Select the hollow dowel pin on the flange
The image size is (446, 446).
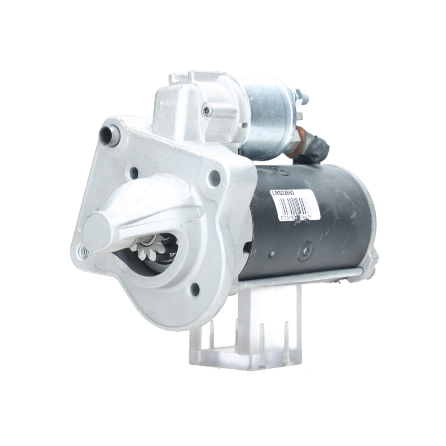(108, 135)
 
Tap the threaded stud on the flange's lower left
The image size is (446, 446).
(83, 252)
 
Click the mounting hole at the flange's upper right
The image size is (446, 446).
(214, 178)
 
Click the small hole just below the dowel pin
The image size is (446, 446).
(132, 172)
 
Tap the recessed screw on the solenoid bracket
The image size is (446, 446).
(207, 110)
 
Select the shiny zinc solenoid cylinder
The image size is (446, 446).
(268, 118)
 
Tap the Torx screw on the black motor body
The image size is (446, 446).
(306, 251)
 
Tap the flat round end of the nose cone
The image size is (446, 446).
(96, 232)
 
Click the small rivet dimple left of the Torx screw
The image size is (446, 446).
(271, 253)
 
